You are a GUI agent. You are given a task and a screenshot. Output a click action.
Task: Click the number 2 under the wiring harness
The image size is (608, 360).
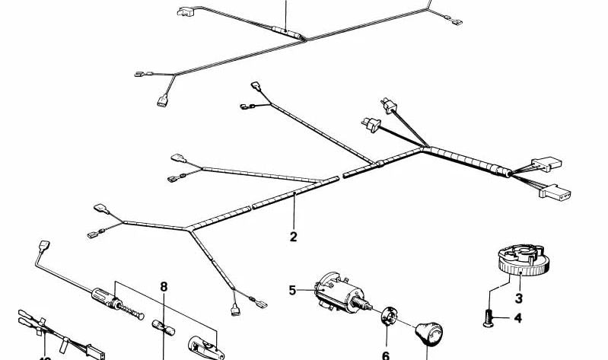[x=294, y=237]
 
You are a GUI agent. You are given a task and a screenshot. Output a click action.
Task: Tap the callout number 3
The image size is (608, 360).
[x=518, y=298]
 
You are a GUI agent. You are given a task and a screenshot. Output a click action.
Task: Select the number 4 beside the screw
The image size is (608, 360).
[x=518, y=317]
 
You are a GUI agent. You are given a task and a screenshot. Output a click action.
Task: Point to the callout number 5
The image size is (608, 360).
[x=292, y=289]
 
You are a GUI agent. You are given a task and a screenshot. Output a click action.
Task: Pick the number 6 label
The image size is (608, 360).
[x=385, y=355]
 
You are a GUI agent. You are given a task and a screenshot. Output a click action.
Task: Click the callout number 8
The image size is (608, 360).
[x=163, y=287]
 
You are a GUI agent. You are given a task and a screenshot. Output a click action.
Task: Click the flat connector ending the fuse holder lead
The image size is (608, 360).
[x=42, y=247]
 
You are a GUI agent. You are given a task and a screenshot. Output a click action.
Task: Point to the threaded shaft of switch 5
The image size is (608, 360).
[x=370, y=307]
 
